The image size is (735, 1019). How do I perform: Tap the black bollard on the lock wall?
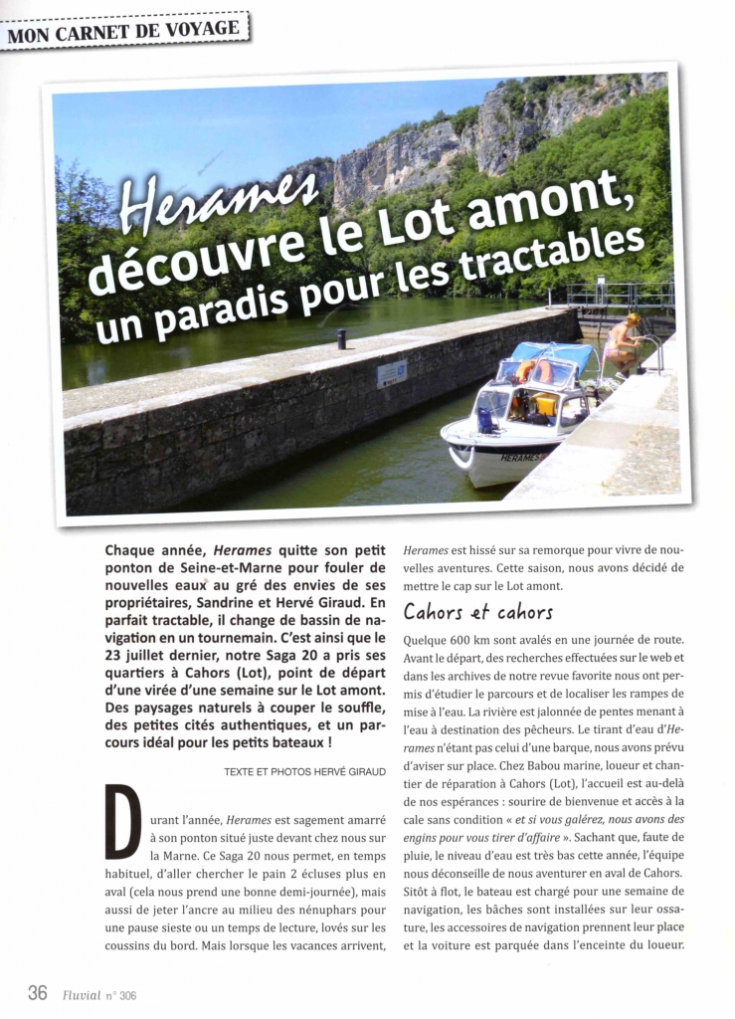coord(341,339)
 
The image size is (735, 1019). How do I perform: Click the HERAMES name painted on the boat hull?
coord(522,458)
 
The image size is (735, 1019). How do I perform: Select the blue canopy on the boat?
coord(553,355)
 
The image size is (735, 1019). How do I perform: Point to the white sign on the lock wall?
coord(391,373)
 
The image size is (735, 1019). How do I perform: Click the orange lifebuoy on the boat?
coord(524,372)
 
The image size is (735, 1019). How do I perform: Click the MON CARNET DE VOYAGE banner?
coord(124,29)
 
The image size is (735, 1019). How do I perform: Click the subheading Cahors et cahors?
coord(477,611)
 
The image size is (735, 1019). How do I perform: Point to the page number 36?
coord(37,992)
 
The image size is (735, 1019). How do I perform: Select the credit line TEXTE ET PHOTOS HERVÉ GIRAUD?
coord(304,771)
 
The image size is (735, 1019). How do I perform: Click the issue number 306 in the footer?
coord(127,994)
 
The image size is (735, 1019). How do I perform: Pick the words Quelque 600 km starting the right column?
coord(448,640)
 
